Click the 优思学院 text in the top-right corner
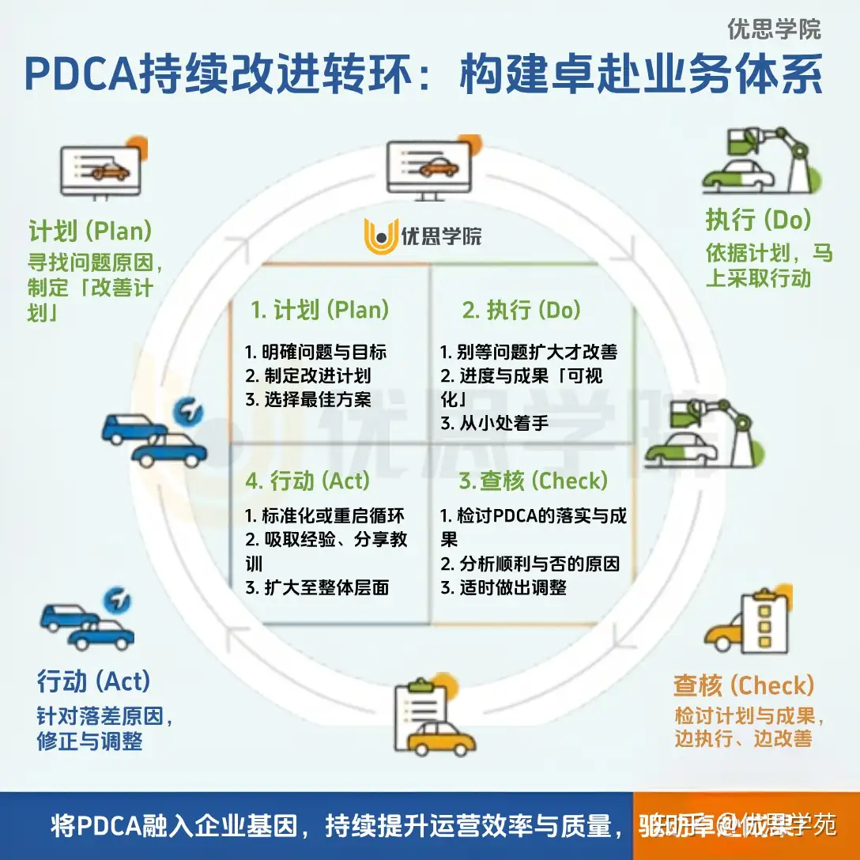pos(774,29)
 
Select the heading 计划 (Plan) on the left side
pos(90,232)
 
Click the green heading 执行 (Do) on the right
pos(758,219)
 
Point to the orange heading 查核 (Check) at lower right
pos(743,685)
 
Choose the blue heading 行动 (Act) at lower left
pos(93,680)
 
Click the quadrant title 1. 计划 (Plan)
pos(320,310)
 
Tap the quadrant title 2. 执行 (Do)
pos(522,310)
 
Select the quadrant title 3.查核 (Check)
pos(534,480)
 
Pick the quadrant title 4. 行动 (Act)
pos(307,480)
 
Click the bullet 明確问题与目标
pos(315,353)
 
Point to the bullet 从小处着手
pos(495,422)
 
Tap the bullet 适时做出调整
pos(504,587)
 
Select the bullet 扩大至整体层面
pos(317,587)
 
